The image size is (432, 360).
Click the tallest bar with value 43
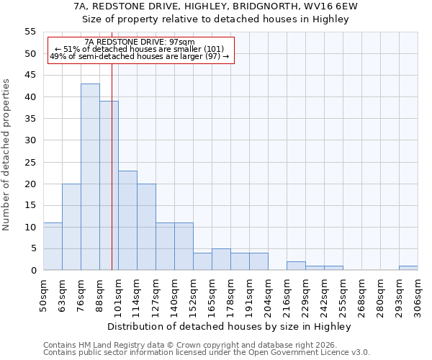pos(90,176)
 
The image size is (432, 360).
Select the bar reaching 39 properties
pos(109,185)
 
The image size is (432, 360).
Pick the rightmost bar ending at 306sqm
pos(408,268)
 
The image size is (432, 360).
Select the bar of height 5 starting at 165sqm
pos(221,259)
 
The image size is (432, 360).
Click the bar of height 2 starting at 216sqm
pos(296,266)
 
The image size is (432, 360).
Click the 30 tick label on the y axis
pos(30,140)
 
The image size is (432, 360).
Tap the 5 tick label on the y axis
pos(33,248)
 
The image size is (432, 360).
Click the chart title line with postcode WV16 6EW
pos(216,6)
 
